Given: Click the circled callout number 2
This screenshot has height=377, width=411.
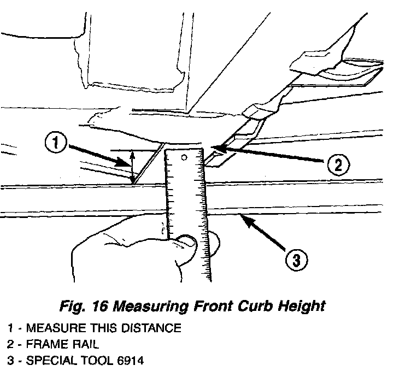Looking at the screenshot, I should pos(337,164).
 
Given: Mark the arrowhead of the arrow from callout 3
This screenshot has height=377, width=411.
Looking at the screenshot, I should pos(240,218).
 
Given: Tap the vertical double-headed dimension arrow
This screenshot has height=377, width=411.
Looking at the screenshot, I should pos(131,167).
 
